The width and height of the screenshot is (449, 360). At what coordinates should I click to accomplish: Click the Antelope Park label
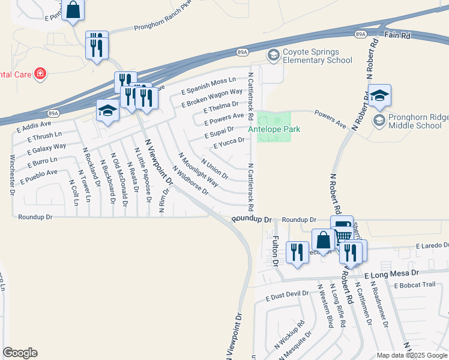click(x=274, y=129)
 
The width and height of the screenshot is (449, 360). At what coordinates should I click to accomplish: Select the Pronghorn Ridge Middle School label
click(x=415, y=121)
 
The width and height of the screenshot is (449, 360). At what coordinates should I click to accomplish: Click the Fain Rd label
click(x=397, y=36)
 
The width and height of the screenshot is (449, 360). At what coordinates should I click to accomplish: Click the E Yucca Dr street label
click(x=229, y=143)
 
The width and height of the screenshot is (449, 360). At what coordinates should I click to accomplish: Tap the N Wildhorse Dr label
click(x=193, y=181)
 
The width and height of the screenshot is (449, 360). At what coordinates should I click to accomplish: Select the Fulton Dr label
click(x=276, y=251)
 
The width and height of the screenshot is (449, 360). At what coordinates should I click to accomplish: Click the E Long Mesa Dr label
click(x=392, y=273)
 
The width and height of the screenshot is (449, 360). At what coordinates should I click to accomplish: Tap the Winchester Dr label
click(x=12, y=175)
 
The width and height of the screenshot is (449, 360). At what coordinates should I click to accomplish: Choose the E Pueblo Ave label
click(x=38, y=176)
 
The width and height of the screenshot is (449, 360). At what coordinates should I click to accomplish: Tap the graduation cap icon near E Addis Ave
click(x=108, y=110)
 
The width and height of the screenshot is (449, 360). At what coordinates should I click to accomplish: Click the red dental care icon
click(x=40, y=74)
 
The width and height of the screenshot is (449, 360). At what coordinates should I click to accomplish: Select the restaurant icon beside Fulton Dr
click(x=298, y=252)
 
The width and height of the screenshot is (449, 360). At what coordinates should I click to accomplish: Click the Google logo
click(x=20, y=353)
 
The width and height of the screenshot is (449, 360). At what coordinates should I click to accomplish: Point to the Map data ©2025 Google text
click(x=411, y=355)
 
